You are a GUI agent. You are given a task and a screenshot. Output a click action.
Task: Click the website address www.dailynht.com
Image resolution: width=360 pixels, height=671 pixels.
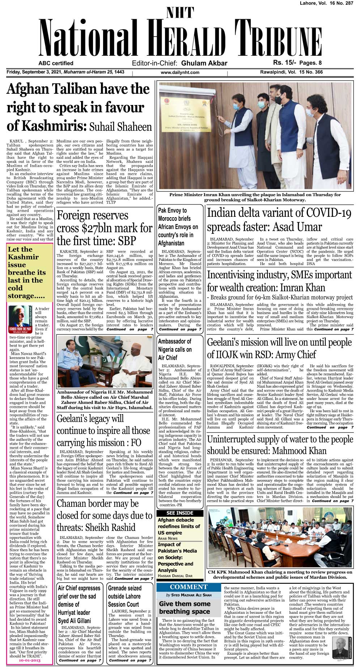[180, 72]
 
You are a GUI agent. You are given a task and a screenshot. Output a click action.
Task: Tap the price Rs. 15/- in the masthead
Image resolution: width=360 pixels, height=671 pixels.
[284, 63]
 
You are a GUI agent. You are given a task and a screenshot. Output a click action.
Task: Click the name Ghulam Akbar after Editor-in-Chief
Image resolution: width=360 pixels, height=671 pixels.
[204, 63]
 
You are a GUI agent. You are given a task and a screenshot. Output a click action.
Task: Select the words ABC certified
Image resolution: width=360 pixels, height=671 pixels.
[56, 63]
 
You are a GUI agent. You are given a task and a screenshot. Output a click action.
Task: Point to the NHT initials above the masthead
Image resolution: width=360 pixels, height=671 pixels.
[180, 13]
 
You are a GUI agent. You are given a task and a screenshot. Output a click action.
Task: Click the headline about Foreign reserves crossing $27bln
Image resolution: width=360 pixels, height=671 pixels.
[105, 228]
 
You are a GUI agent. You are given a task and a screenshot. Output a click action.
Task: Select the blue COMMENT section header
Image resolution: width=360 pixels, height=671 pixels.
[189, 587]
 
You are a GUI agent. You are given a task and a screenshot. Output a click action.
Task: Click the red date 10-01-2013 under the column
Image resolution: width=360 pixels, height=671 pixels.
[30, 660]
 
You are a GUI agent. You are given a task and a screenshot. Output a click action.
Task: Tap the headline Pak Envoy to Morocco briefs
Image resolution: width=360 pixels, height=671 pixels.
[178, 226]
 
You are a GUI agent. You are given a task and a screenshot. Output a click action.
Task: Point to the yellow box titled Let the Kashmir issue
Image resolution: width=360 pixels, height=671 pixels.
[30, 272]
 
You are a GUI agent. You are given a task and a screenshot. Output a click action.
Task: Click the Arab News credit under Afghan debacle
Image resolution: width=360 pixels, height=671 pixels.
[168, 538]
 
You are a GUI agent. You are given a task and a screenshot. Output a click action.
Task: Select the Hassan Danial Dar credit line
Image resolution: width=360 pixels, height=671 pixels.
[175, 575]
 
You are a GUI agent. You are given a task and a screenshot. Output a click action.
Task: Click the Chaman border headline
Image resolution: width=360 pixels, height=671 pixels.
[105, 515]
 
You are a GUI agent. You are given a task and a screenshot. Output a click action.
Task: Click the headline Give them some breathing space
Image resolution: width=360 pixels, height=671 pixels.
[185, 607]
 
